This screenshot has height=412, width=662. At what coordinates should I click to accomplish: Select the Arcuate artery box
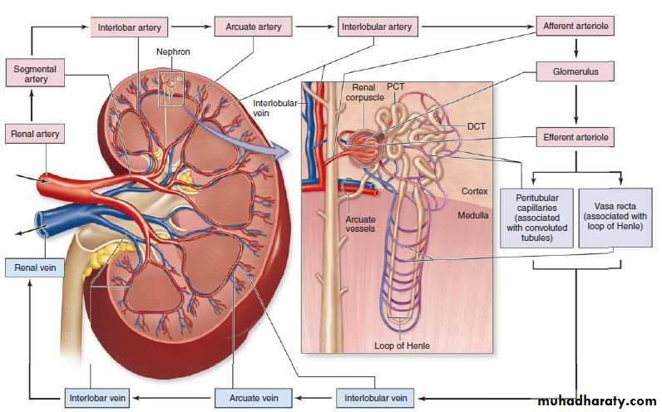(x=253, y=27)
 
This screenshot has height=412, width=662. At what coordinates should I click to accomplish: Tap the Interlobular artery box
(x=377, y=27)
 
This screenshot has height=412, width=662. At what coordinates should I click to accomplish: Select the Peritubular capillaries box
(x=536, y=217)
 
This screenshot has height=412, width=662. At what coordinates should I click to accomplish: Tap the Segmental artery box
(x=31, y=72)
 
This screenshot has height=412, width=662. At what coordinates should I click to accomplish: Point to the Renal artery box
(x=35, y=133)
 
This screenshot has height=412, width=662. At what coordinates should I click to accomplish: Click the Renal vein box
(x=35, y=267)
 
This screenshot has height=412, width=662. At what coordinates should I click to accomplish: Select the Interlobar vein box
(x=97, y=397)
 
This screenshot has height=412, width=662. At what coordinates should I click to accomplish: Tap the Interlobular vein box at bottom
(x=375, y=397)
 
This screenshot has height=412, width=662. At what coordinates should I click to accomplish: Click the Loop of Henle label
(x=403, y=345)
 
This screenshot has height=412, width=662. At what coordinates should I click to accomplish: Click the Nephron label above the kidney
(x=174, y=51)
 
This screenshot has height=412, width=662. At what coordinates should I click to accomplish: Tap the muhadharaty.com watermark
(x=596, y=401)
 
